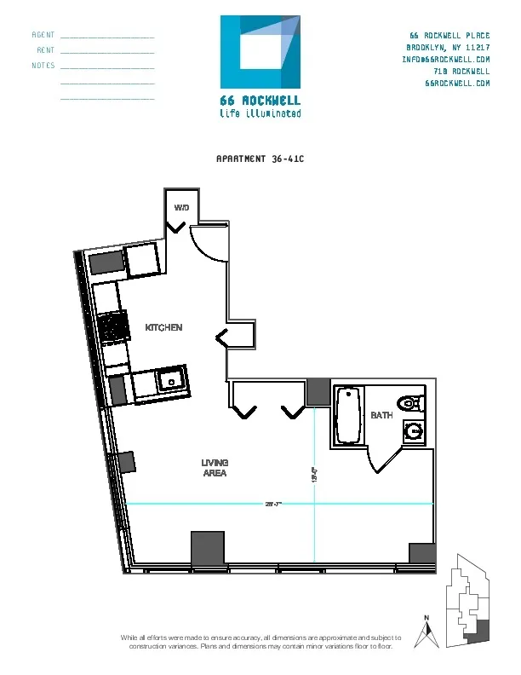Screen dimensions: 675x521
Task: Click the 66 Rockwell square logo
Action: click(x=260, y=52)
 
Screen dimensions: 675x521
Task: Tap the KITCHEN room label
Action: click(x=163, y=328)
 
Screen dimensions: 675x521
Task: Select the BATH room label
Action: click(x=381, y=415)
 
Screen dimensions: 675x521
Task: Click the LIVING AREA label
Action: click(x=215, y=468)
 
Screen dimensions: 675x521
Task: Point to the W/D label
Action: click(x=182, y=208)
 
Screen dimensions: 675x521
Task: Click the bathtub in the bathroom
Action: click(x=349, y=416)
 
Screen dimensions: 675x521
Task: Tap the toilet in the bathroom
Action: click(x=412, y=403)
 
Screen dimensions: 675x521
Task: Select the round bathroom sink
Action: click(x=415, y=432)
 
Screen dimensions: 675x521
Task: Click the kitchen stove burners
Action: click(x=112, y=327)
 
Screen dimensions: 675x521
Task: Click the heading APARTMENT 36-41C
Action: click(x=260, y=159)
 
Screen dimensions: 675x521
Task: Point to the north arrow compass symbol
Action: click(x=429, y=632)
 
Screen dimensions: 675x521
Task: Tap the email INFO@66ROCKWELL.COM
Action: click(x=446, y=60)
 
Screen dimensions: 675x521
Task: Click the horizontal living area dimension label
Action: click(x=272, y=504)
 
